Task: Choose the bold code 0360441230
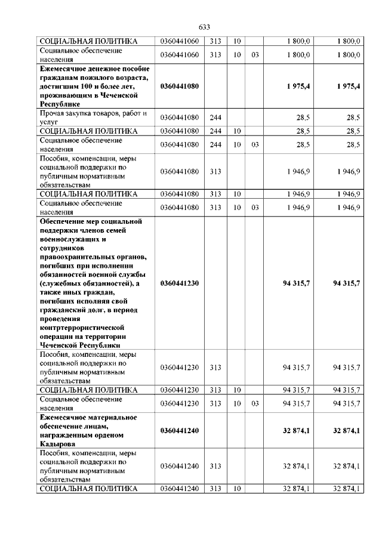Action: (x=180, y=283)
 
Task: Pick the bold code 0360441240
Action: (x=180, y=430)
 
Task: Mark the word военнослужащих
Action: (x=68, y=239)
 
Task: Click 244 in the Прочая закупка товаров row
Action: (x=216, y=116)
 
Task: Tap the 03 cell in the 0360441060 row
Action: (x=255, y=55)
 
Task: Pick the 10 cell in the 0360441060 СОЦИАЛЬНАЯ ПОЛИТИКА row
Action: (x=237, y=41)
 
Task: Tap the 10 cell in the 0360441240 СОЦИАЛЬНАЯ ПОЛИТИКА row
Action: (x=237, y=489)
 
